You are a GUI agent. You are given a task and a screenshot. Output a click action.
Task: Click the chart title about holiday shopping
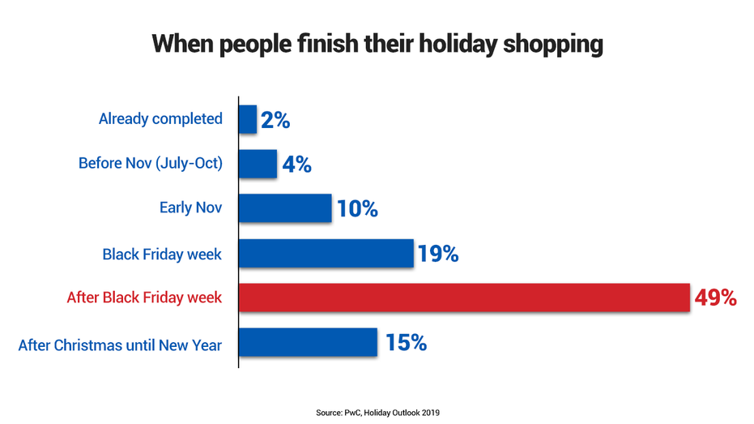pyautogui.click(x=377, y=44)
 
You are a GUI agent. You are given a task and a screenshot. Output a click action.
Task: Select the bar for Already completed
pyautogui.click(x=248, y=119)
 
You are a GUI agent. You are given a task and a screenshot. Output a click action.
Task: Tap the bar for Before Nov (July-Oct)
pyautogui.click(x=258, y=164)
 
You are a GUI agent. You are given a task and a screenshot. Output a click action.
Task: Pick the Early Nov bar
pyautogui.click(x=285, y=208)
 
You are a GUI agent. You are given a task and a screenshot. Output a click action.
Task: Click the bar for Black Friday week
pyautogui.click(x=326, y=253)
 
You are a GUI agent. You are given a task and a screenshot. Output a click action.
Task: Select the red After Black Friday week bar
pyautogui.click(x=465, y=298)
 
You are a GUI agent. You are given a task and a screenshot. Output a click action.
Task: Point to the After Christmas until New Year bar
pyautogui.click(x=308, y=342)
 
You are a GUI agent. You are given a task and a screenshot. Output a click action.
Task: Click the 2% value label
pyautogui.click(x=275, y=120)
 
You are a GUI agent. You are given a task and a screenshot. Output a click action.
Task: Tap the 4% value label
pyautogui.click(x=296, y=164)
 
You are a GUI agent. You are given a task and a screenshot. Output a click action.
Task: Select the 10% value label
pyautogui.click(x=357, y=208)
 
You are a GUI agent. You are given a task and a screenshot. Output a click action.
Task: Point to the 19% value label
pyautogui.click(x=438, y=254)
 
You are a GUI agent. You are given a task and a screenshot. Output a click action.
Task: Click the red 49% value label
pyautogui.click(x=716, y=298)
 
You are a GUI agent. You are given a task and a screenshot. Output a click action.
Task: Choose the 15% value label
pyautogui.click(x=406, y=343)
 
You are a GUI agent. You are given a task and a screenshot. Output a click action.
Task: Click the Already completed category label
pyautogui.click(x=160, y=119)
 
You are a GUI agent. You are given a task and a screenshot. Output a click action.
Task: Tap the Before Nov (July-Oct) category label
pyautogui.click(x=151, y=163)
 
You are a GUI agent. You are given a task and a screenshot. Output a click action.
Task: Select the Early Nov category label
pyautogui.click(x=191, y=208)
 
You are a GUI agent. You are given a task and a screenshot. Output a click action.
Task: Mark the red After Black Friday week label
pyautogui.click(x=144, y=298)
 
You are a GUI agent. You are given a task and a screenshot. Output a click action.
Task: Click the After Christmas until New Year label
pyautogui.click(x=120, y=345)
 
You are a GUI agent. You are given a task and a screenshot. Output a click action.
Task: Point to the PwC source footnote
pyautogui.click(x=377, y=413)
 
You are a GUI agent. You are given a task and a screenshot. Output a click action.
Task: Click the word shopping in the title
pyautogui.click(x=553, y=45)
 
